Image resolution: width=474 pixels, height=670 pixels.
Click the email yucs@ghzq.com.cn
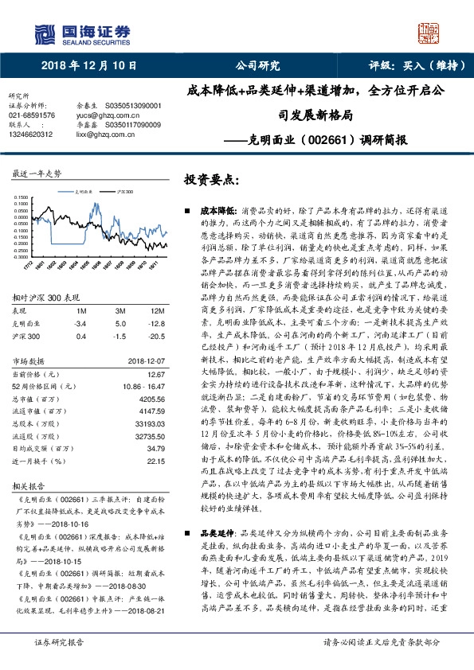tap(100, 115)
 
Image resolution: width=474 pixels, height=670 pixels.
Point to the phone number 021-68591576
tap(32, 115)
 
